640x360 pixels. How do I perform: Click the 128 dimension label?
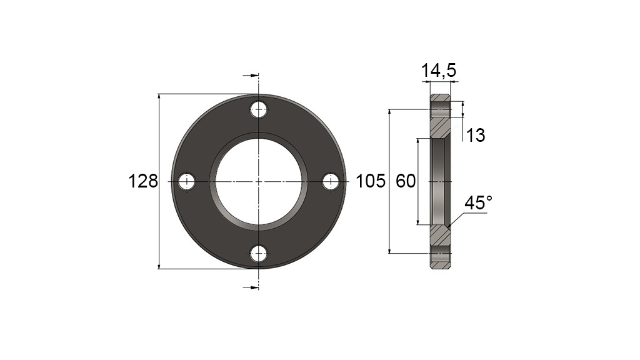143,181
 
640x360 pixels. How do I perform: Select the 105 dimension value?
371,181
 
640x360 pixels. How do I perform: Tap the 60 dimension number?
406,181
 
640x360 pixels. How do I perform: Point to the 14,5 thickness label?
438,71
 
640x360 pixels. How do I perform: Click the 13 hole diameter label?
475,136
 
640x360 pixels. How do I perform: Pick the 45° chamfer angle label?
478,203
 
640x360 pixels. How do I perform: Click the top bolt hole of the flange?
259,109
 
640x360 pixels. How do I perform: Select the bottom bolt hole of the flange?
259,254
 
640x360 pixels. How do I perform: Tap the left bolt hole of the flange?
187,182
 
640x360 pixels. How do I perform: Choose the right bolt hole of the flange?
331,182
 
